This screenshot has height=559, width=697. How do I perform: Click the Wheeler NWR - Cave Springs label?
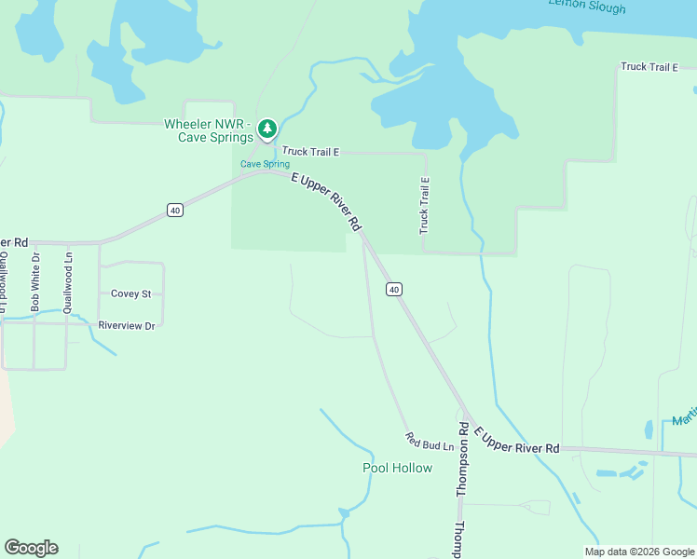click(209, 130)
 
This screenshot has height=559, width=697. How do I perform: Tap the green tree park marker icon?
click(267, 129)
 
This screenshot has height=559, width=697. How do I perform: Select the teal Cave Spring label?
click(265, 164)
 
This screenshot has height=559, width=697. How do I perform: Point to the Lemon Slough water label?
click(587, 7)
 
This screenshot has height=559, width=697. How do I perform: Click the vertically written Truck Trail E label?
click(424, 206)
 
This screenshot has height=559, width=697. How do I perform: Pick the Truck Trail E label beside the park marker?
click(311, 151)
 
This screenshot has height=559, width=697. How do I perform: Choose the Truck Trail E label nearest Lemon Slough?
click(649, 67)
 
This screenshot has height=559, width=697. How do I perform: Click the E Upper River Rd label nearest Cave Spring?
click(325, 201)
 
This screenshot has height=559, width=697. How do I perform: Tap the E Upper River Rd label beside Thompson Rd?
click(516, 441)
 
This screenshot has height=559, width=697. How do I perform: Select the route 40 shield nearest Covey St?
click(175, 211)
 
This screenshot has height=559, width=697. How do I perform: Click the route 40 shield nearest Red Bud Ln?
click(395, 290)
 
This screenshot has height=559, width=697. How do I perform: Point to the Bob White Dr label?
click(35, 281)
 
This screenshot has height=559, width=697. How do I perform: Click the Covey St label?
click(130, 293)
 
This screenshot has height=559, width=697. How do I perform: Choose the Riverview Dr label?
click(126, 325)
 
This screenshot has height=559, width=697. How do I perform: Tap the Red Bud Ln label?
click(429, 442)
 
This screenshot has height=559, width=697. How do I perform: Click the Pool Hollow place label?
click(397, 468)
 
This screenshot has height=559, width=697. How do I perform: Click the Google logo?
click(31, 548)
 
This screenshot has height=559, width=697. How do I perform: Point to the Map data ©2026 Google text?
click(638, 552)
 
